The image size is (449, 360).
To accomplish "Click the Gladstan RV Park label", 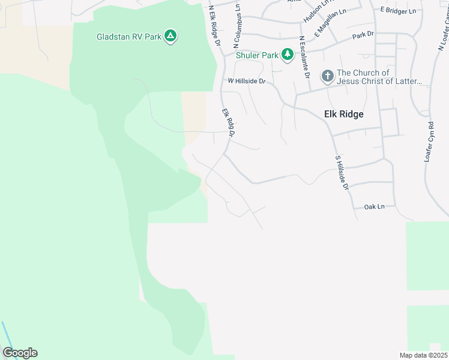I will pyautogui.click(x=129, y=37).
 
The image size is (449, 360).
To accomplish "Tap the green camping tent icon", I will pyautogui.click(x=171, y=37).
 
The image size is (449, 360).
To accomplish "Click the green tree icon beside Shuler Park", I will pyautogui.click(x=288, y=55).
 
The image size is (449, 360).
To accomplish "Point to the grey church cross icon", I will pyautogui.click(x=327, y=76).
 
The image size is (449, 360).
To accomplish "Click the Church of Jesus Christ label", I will pyautogui.click(x=379, y=77).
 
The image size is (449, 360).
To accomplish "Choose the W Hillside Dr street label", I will pyautogui.click(x=246, y=81).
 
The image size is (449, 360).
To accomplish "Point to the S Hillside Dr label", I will pyautogui.click(x=342, y=173).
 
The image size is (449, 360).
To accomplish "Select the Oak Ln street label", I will pyautogui.click(x=374, y=206).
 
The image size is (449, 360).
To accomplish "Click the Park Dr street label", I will pyautogui.click(x=363, y=35).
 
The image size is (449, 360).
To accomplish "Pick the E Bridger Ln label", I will pyautogui.click(x=398, y=11).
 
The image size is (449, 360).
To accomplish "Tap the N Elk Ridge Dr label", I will pyautogui.click(x=215, y=27).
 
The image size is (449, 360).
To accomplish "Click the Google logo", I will pyautogui.click(x=20, y=353).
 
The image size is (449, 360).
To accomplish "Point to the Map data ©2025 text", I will pyautogui.click(x=423, y=355).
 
